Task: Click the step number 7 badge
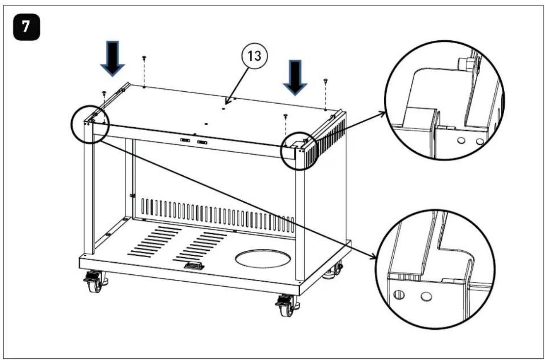(27, 27)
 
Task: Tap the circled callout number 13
(255, 56)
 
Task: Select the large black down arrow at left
(113, 59)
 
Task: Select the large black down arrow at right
(295, 78)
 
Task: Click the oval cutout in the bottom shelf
(263, 259)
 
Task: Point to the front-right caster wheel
(287, 306)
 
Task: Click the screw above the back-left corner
(144, 58)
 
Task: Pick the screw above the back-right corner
(325, 81)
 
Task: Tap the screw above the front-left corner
(104, 93)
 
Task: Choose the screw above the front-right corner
(286, 116)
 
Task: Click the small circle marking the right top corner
(299, 150)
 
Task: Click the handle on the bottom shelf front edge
(194, 265)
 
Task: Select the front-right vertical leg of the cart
(300, 215)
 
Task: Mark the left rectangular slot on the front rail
(185, 140)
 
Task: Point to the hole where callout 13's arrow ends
(223, 109)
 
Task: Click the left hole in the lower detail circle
(399, 295)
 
